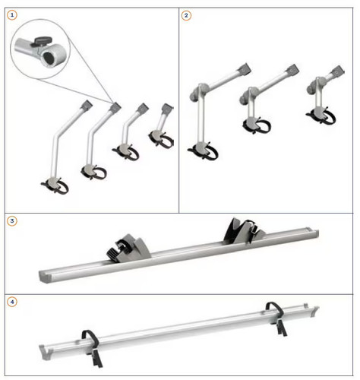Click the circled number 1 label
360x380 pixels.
(12, 15)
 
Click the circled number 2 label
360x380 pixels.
(186, 15)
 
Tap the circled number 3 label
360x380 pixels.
(12, 221)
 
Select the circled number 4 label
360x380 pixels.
(12, 302)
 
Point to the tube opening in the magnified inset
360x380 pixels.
(49, 59)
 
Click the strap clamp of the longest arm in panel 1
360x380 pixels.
(55, 185)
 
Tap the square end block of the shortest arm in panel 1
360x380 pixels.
(167, 108)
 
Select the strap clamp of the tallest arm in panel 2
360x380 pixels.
(204, 151)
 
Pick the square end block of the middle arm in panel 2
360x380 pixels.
(292, 70)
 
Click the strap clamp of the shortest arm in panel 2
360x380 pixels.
(321, 116)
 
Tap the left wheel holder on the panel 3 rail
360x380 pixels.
(128, 249)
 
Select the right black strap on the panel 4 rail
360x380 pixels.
(276, 318)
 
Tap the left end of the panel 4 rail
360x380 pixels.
(46, 353)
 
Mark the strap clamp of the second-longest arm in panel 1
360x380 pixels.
(94, 173)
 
